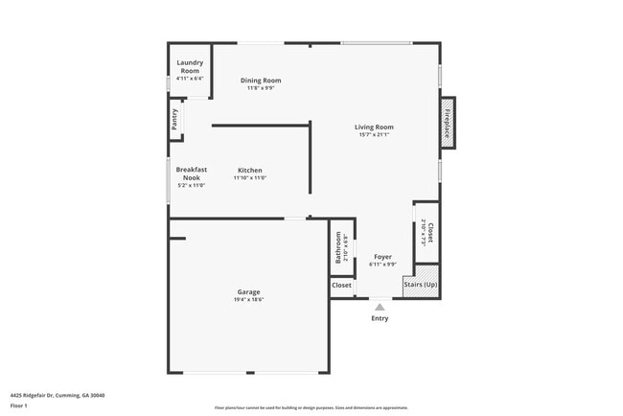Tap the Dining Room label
260,81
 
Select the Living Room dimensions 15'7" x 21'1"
374,135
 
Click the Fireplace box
447,121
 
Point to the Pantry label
174,119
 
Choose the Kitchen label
250,171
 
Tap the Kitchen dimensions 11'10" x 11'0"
250,178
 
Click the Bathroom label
338,247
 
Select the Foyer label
382,257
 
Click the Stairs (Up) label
421,285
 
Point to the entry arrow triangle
380,307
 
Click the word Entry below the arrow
380,318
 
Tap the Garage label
248,292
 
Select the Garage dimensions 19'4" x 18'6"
248,300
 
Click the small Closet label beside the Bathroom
341,285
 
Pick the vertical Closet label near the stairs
430,232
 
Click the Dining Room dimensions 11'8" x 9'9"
260,88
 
